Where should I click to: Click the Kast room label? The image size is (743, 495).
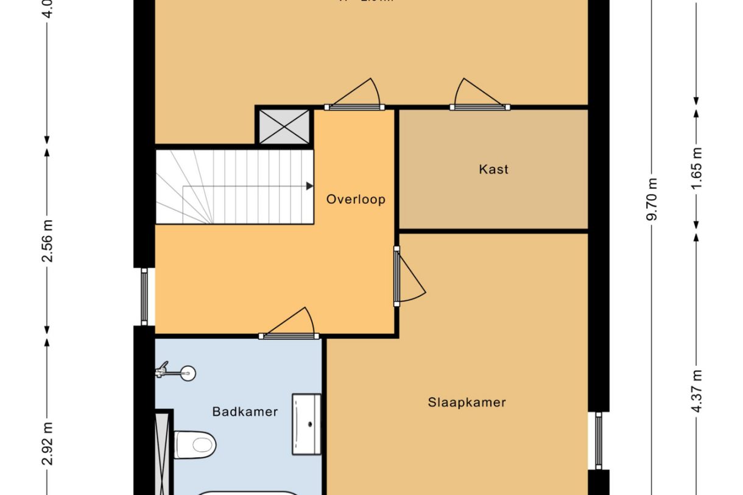[x=493, y=169]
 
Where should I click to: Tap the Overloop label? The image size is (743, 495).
[x=356, y=199]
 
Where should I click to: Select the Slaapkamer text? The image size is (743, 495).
[x=467, y=402]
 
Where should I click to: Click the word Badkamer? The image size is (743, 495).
[x=245, y=412]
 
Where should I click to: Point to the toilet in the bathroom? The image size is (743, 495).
[x=194, y=444]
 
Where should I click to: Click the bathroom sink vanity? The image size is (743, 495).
[x=306, y=424]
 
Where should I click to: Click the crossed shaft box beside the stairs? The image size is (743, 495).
[x=284, y=127]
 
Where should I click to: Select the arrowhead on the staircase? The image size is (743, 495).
[x=309, y=186]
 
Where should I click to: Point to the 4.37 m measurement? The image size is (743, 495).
[x=697, y=390]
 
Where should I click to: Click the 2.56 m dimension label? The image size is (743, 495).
[x=48, y=240]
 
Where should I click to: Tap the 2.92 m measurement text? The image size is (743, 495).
[x=48, y=443]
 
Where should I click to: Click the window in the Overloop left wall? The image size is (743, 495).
[x=144, y=297]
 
